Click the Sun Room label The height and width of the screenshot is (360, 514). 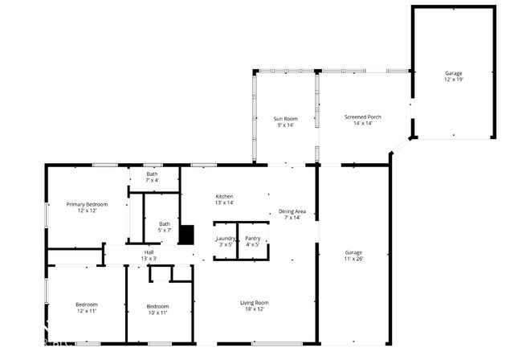point(286,118)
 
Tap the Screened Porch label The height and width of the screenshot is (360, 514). point(362,117)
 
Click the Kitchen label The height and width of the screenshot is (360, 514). point(224,196)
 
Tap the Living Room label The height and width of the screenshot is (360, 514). point(254,302)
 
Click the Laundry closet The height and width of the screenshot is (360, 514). point(226,241)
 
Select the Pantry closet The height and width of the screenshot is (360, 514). point(253,241)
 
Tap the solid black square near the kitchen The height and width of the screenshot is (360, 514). point(186,234)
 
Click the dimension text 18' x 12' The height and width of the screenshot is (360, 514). point(254,309)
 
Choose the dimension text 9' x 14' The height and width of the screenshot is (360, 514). point(286,125)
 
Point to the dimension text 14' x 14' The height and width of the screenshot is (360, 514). point(362,123)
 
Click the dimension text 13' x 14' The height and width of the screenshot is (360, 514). point(224,202)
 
